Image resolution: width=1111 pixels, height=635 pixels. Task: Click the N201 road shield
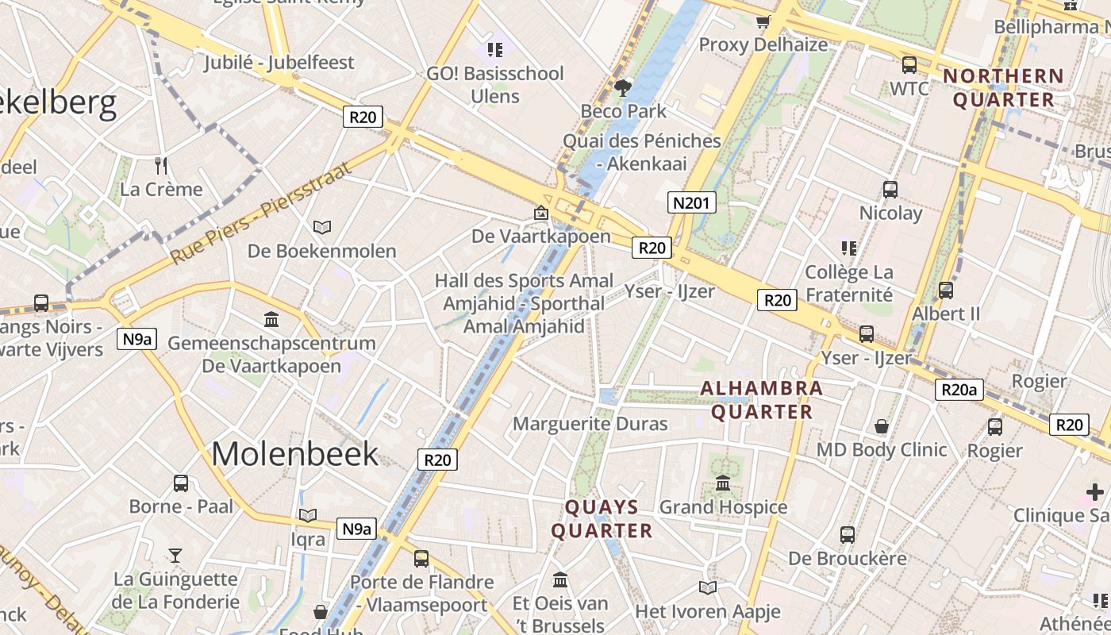[x=690, y=202]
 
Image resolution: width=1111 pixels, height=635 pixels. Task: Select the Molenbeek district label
[x=294, y=453]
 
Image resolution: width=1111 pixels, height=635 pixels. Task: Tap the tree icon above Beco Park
[x=623, y=87]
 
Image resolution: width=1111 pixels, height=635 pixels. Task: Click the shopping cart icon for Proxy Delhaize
[x=763, y=21]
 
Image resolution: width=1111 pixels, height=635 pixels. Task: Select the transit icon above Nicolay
[x=890, y=190]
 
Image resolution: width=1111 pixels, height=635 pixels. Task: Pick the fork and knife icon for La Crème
[x=162, y=166]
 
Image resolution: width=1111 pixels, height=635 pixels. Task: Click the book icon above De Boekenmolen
[x=321, y=228]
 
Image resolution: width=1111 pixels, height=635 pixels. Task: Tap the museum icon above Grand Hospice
[x=723, y=483]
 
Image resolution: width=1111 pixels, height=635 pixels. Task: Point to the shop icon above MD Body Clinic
[x=882, y=426]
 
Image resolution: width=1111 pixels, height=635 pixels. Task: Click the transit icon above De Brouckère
[x=848, y=535]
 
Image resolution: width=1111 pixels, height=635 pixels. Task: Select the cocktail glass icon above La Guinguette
[x=175, y=555]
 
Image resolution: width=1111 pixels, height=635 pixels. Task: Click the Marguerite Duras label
[x=590, y=423]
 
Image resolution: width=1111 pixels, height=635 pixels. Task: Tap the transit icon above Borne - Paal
[x=181, y=483]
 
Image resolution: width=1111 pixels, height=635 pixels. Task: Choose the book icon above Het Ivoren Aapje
[x=707, y=587]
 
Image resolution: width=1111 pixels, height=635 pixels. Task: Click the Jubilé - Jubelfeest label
[x=279, y=62]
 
